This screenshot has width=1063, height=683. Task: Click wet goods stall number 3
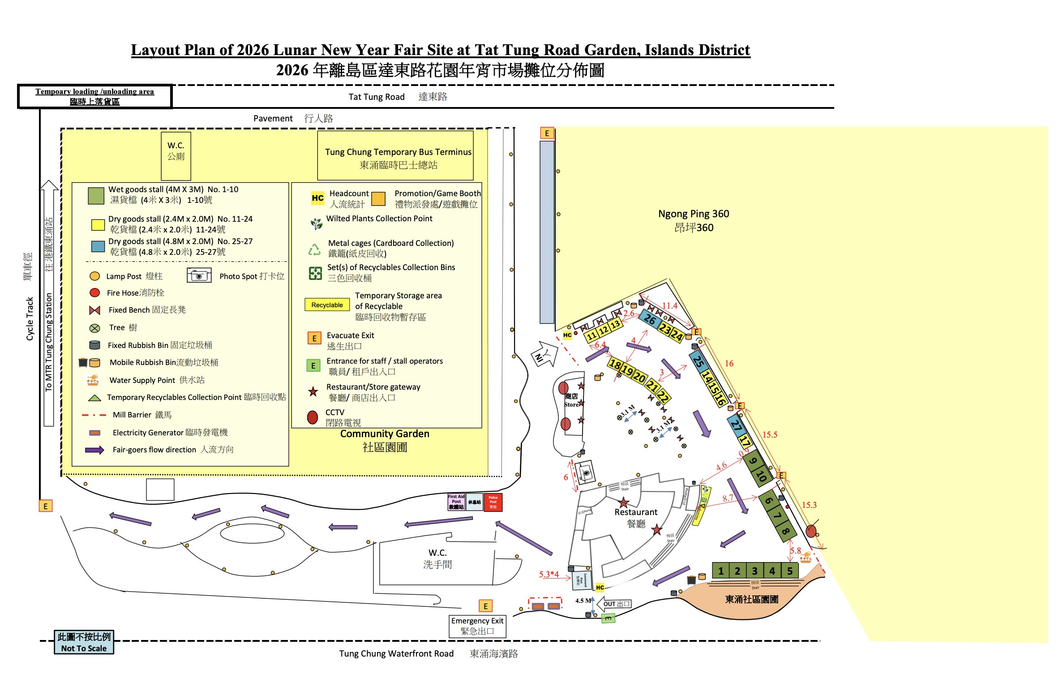coord(754,571)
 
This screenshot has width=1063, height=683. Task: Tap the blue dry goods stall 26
coord(649,319)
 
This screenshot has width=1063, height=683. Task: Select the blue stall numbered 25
coord(698,361)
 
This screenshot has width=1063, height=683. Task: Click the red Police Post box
coord(493,502)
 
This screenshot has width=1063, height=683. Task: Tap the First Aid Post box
coord(456,502)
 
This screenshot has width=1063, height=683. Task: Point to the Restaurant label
coord(636,512)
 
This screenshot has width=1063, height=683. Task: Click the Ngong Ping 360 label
coord(694,220)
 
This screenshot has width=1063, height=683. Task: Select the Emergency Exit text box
coord(477,626)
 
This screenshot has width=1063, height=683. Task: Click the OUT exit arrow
coord(614,604)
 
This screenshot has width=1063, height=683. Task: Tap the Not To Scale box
coord(84,642)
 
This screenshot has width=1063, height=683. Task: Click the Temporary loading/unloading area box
coord(94,96)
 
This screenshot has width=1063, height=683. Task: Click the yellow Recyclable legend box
coord(327,305)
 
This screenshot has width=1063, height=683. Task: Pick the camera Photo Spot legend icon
coord(199,275)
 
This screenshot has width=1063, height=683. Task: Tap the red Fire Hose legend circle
coord(94,292)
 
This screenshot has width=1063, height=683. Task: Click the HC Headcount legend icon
coord(317,198)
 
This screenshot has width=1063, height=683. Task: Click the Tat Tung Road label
coord(376,97)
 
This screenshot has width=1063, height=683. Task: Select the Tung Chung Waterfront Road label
coord(396,653)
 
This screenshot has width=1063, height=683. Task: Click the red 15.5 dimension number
coord(770,434)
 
